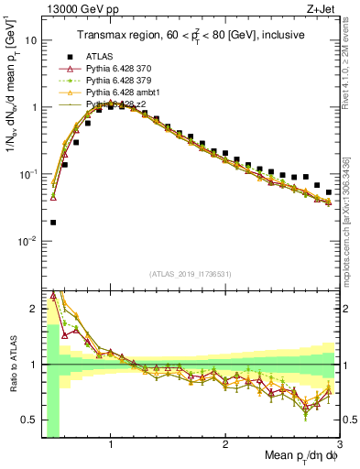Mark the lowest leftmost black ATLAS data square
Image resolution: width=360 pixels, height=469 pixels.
[53, 223]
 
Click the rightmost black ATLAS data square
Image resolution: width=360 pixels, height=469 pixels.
[329, 192]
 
